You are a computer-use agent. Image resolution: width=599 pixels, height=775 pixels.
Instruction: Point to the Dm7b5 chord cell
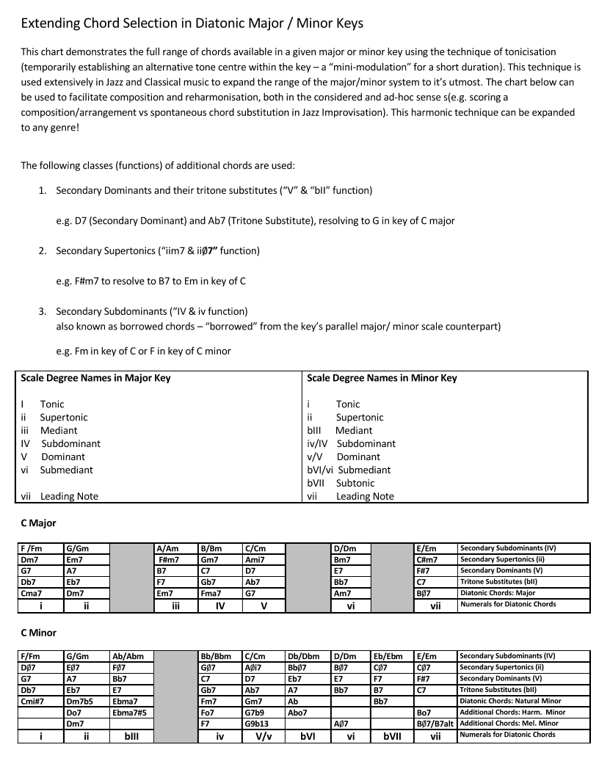(79, 701)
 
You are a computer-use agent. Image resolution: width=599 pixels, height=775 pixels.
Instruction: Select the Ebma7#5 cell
(129, 712)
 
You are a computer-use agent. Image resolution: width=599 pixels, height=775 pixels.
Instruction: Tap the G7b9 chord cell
(258, 712)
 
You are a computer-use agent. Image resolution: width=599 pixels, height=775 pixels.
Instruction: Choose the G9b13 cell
(258, 723)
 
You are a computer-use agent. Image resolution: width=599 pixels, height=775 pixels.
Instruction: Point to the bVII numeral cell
(392, 735)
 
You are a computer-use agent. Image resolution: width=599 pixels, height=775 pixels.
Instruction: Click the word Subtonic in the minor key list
(355, 483)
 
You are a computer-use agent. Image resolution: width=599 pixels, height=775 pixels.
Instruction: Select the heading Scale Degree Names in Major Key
(95, 378)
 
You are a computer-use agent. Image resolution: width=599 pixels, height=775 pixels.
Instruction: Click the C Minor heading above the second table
(38, 633)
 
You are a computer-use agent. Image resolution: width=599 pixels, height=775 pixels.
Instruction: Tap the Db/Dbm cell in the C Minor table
(303, 656)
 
